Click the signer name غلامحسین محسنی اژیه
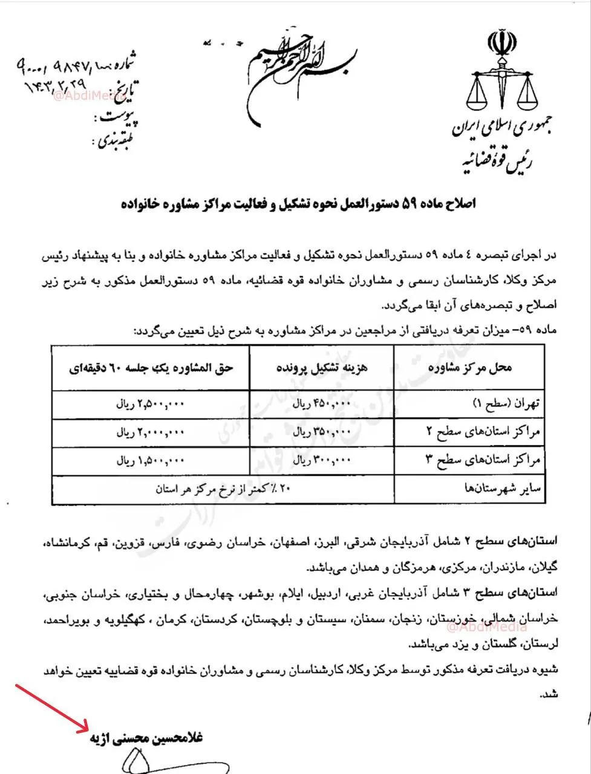click(x=147, y=739)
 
